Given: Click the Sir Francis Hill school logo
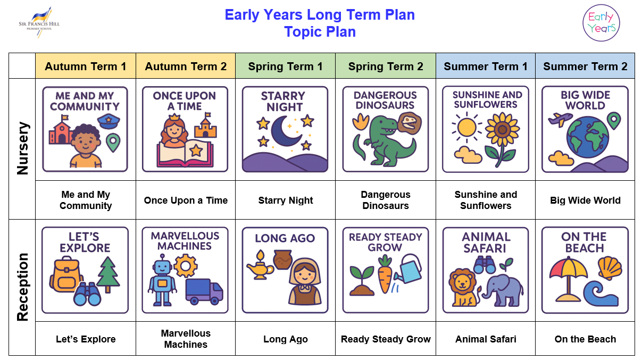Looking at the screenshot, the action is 39,22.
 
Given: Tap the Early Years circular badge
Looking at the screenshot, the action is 601,23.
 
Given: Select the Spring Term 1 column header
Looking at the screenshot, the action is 285,66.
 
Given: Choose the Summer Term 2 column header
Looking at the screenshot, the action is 585,66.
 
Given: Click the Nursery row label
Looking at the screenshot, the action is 23,148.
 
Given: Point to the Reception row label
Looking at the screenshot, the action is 23,287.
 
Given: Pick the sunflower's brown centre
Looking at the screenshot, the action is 502,130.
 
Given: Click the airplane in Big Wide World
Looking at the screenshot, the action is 560,119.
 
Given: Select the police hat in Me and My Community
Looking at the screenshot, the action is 109,122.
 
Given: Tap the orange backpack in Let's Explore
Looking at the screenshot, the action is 65,274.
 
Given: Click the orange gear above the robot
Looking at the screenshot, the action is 186,266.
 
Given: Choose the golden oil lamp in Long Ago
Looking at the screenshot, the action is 260,266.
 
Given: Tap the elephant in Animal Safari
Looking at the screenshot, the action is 503,290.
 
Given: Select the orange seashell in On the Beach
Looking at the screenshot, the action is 610,269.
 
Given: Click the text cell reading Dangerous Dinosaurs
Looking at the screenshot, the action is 386,200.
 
